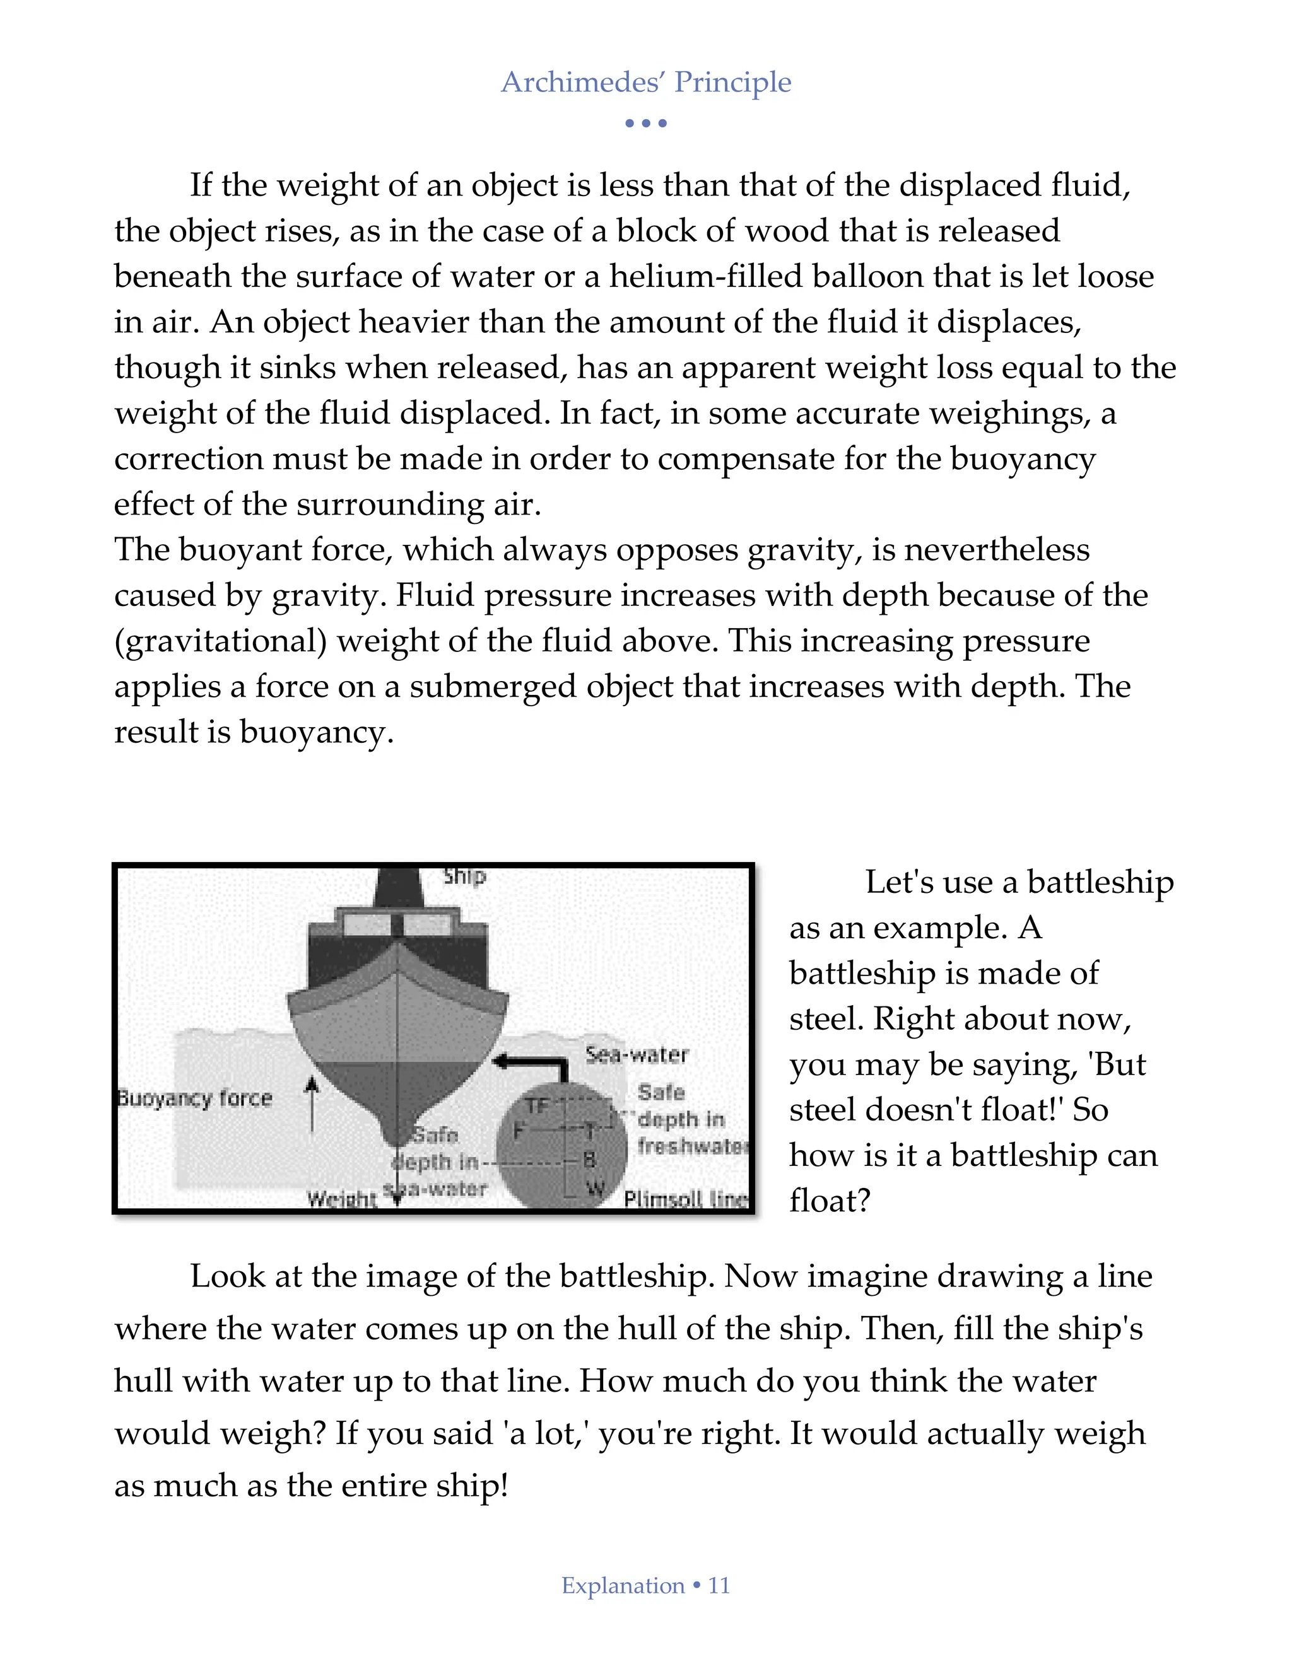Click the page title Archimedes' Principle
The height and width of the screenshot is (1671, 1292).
(x=645, y=82)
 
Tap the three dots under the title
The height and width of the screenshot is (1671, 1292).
(x=645, y=123)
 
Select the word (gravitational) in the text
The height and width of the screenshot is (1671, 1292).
(x=220, y=641)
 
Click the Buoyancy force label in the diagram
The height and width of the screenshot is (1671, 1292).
(x=194, y=1098)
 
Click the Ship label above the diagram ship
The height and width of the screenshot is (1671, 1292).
(x=464, y=875)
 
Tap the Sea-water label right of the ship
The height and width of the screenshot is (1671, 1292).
(x=637, y=1055)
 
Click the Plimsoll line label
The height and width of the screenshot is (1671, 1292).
(x=686, y=1199)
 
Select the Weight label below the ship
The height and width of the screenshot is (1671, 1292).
(x=341, y=1199)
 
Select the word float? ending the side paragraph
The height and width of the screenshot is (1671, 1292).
(x=830, y=1201)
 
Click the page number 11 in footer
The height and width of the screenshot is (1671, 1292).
(x=719, y=1585)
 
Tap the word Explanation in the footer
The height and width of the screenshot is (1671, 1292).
(x=623, y=1585)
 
